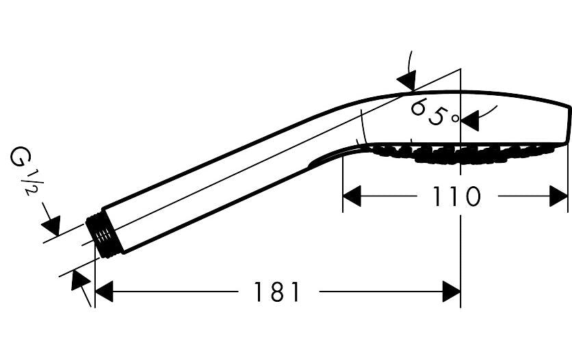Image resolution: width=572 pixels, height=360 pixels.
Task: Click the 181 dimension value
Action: click(276, 292)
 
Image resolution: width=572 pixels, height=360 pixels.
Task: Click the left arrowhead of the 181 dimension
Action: click(104, 292)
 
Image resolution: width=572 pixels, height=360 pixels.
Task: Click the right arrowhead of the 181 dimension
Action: click(452, 292)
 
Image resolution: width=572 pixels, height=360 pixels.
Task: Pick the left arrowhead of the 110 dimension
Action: click(352, 196)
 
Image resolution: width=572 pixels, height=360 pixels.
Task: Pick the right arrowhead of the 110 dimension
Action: click(558, 196)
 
